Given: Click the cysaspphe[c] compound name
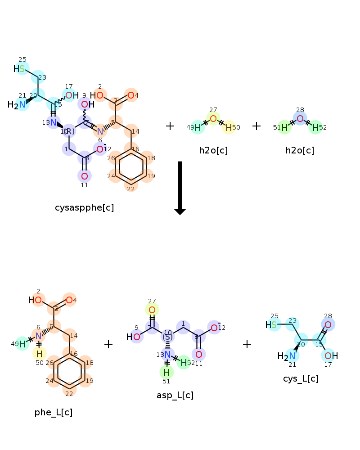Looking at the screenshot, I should pos(84,207).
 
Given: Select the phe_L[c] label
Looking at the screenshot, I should pos(54,412).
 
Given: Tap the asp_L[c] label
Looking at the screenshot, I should pos(175,395).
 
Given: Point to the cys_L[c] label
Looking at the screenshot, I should pos(301,378).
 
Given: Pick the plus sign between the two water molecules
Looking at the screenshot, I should pos(256,126).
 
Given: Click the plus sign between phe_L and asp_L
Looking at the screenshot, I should pos(108,344).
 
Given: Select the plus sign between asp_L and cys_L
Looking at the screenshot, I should pos(247,344).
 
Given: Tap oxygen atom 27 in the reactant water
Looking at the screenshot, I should pos(213,119).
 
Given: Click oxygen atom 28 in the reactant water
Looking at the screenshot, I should pos(300,119).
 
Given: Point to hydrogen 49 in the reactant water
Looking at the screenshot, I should pos(198,127).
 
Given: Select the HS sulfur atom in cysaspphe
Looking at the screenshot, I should pos(22,69).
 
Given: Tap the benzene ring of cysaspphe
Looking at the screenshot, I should pos(130,167).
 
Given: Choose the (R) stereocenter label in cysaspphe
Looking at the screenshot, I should pos(69,131).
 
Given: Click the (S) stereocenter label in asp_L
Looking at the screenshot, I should pos(167,336).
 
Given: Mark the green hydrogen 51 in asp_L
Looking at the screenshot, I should pos(166,372).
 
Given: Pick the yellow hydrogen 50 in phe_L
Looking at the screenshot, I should pos(39,353).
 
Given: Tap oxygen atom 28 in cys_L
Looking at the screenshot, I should pos(328,325).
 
